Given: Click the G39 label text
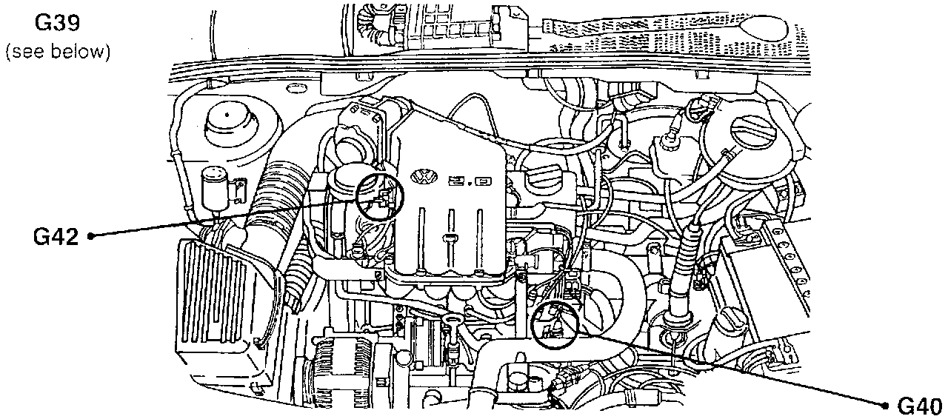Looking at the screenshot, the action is [x=57, y=23].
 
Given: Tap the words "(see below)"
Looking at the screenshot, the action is [x=57, y=53].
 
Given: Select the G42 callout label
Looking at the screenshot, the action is [x=55, y=237].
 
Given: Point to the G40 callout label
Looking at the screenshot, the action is [x=918, y=406].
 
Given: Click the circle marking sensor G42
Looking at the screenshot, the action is [x=381, y=198].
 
